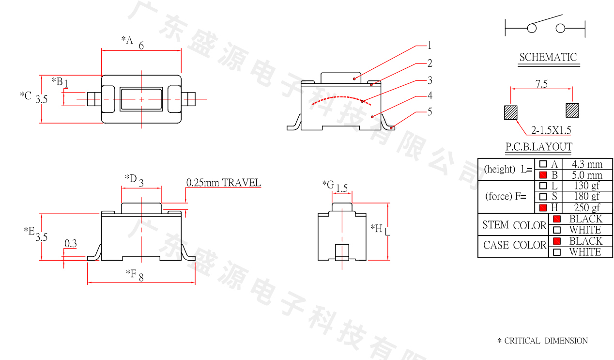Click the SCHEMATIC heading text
pyautogui.click(x=548, y=57)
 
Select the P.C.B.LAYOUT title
pyautogui.click(x=539, y=147)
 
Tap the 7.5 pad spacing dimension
pyautogui.click(x=541, y=84)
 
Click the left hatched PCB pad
pyautogui.click(x=511, y=112)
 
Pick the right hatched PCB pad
pyautogui.click(x=572, y=110)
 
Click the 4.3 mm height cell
pyautogui.click(x=587, y=164)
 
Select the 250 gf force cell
pyautogui.click(x=587, y=208)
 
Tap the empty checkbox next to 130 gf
pyautogui.click(x=543, y=186)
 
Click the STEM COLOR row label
pyautogui.click(x=514, y=225)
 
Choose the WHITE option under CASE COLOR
pyautogui.click(x=584, y=252)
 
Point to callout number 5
pyautogui.click(x=430, y=112)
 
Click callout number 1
pyautogui.click(x=430, y=46)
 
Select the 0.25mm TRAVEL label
pyautogui.click(x=223, y=183)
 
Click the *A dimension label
pyautogui.click(x=127, y=40)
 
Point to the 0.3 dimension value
pyautogui.click(x=71, y=244)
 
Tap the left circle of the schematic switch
pyautogui.click(x=532, y=28)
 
